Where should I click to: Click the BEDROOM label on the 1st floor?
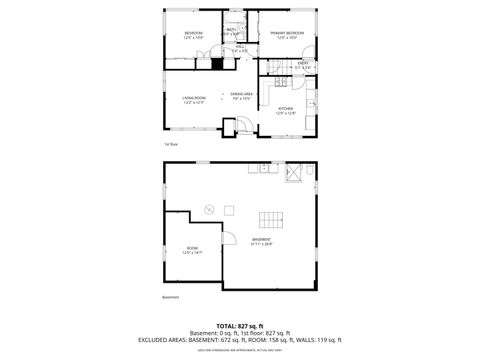point(194,34)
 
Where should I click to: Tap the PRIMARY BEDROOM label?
point(287,34)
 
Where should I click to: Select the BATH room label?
point(232,30)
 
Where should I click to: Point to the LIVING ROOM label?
point(193,98)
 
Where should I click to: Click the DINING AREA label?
point(242,95)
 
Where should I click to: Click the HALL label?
point(241,47)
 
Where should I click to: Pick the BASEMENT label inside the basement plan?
point(262,241)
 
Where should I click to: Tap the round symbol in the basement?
point(209,209)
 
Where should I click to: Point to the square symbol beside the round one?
point(229,210)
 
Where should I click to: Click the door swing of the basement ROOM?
point(227,241)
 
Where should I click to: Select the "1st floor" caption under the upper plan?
point(172,144)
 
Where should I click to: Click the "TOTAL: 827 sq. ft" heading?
point(240,325)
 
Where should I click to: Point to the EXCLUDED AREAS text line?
point(240,340)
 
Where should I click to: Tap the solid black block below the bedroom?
point(215,63)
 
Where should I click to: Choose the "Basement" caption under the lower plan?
point(170,297)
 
